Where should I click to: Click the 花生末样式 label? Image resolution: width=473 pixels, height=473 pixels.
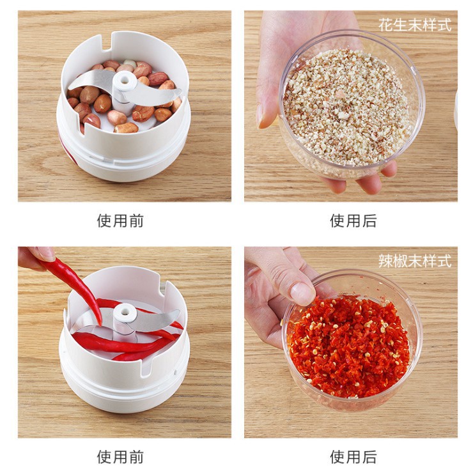(414, 26)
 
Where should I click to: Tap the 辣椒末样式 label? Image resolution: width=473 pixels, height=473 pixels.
(414, 261)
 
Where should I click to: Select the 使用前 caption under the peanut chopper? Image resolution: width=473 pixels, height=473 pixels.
(120, 221)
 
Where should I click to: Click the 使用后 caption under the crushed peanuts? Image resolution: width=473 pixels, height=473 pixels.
(353, 221)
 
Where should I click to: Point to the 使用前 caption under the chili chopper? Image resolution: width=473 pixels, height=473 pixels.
(120, 457)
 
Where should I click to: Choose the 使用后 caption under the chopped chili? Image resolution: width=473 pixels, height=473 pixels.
(353, 457)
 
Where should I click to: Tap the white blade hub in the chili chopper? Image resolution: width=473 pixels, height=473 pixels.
(126, 314)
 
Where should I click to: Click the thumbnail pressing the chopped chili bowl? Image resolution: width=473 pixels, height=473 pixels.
(302, 293)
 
